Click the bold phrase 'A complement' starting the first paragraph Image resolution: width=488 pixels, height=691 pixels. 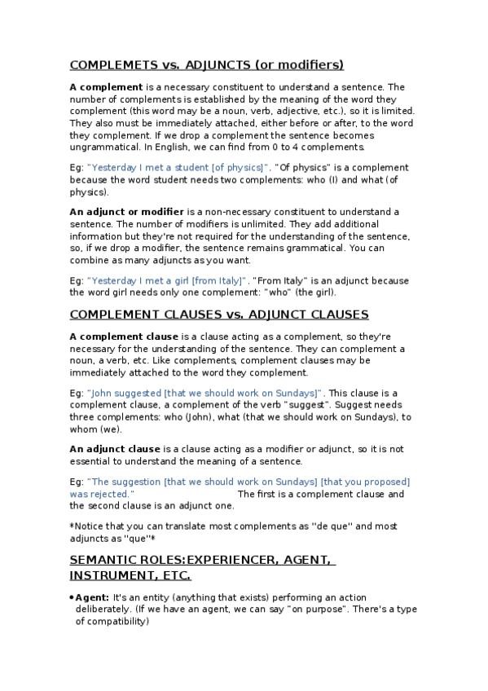coord(106,86)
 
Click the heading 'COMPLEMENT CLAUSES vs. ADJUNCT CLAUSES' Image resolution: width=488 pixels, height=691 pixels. coord(219,315)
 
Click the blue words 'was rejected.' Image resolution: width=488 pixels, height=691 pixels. coord(102,495)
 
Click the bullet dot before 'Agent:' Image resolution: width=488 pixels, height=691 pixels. coord(72,597)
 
